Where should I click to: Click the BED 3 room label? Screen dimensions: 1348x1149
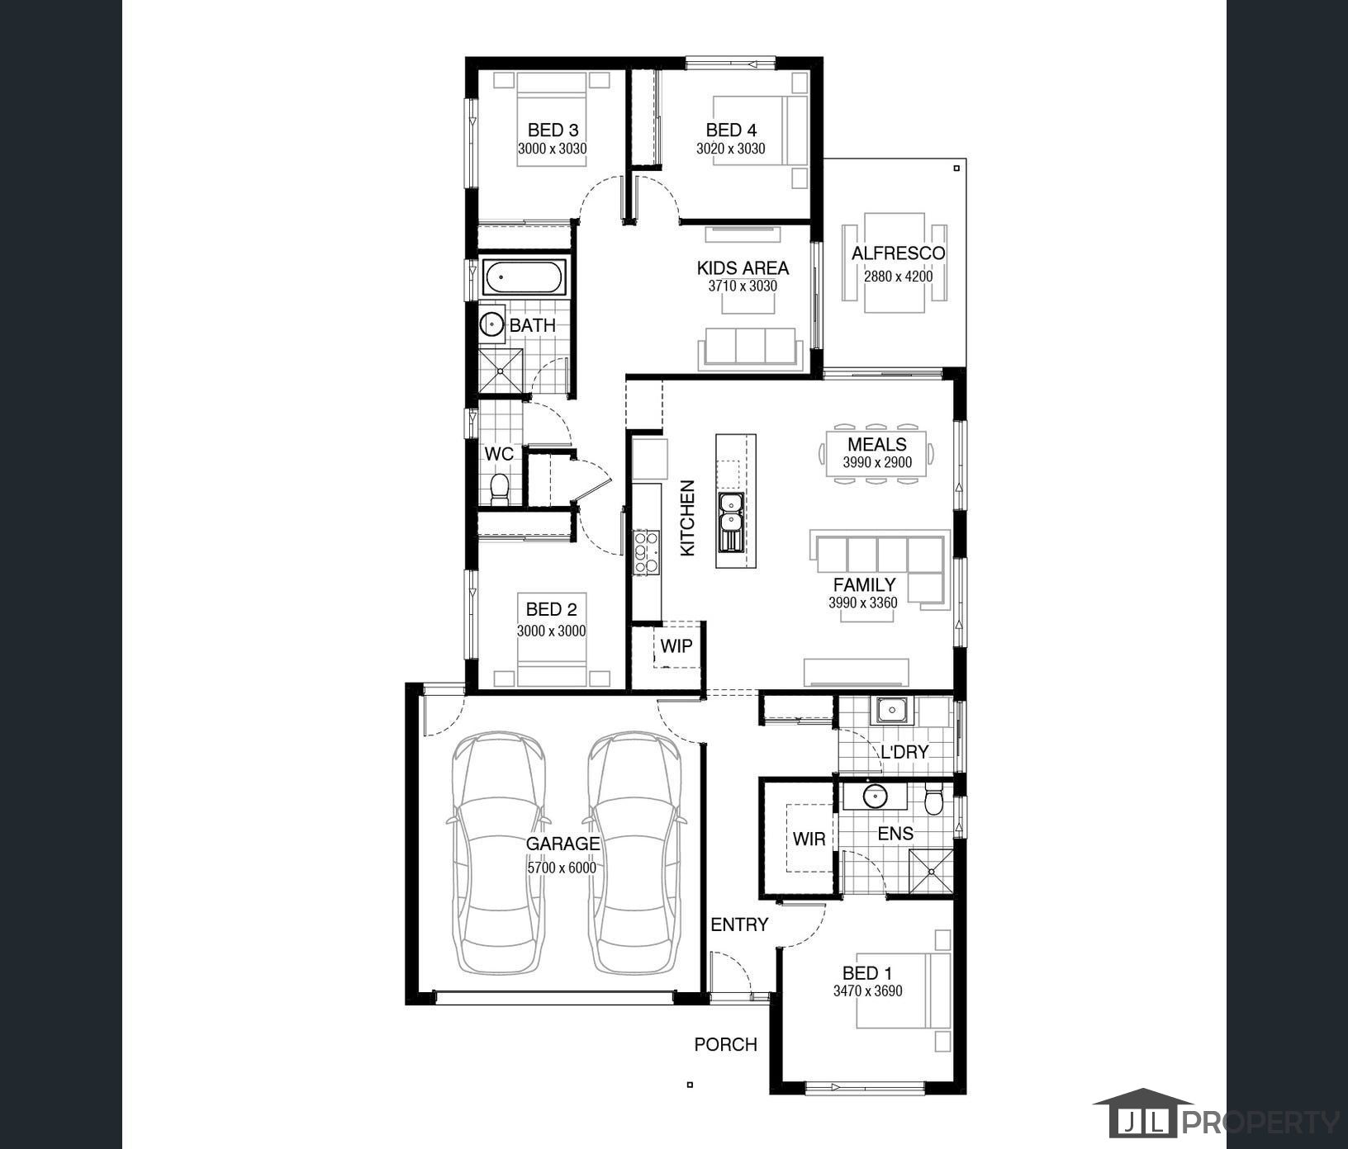click(553, 130)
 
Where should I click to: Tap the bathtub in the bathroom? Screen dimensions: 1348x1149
click(524, 278)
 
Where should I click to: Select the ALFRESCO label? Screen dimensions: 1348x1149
click(898, 253)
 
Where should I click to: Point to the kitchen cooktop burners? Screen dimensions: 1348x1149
click(647, 553)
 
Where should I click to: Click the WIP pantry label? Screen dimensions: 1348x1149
click(676, 645)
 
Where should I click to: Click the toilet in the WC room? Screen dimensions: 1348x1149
click(499, 489)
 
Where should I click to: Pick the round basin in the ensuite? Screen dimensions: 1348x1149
click(876, 797)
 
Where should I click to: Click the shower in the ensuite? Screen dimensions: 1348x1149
click(931, 870)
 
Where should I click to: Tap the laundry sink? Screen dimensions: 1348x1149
click(891, 709)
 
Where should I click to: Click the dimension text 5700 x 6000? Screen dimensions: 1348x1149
click(562, 868)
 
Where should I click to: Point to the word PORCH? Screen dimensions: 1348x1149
click(726, 1044)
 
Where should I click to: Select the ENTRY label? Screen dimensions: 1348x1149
click(739, 924)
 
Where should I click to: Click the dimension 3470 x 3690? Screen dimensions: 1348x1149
click(867, 991)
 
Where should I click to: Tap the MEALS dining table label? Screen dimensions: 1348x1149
click(877, 444)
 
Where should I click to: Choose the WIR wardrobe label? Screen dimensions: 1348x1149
click(809, 839)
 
